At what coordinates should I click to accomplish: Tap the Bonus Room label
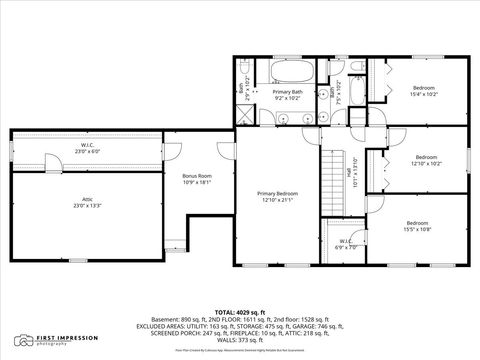pyautogui.click(x=196, y=175)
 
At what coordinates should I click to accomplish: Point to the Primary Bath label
pyautogui.click(x=289, y=92)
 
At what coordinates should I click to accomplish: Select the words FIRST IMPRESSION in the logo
pyautogui.click(x=60, y=339)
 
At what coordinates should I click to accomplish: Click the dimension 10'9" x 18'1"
pyautogui.click(x=196, y=183)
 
